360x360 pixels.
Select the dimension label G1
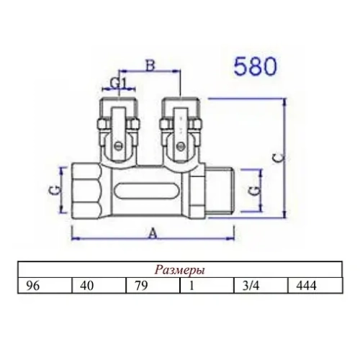tap(119, 84)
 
